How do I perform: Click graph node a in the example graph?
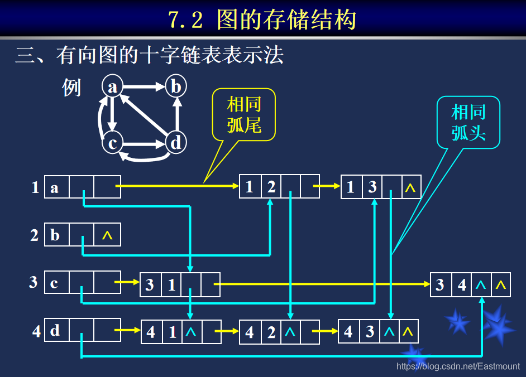click(x=113, y=86)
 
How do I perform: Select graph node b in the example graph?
click(x=176, y=86)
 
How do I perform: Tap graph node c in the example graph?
click(x=112, y=143)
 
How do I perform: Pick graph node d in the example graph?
click(x=176, y=143)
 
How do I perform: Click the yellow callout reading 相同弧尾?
click(x=244, y=114)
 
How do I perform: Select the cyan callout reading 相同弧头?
click(x=468, y=123)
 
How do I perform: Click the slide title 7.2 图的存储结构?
click(x=262, y=20)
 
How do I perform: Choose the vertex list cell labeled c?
click(x=56, y=283)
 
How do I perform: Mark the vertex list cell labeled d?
click(x=56, y=331)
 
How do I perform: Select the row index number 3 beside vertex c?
click(x=34, y=282)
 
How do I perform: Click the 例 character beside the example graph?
click(x=72, y=88)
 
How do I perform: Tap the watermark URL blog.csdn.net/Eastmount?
click(x=458, y=366)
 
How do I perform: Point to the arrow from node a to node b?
click(x=144, y=86)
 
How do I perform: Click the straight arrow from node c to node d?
click(x=144, y=144)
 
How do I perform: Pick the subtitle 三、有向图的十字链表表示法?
click(x=150, y=55)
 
